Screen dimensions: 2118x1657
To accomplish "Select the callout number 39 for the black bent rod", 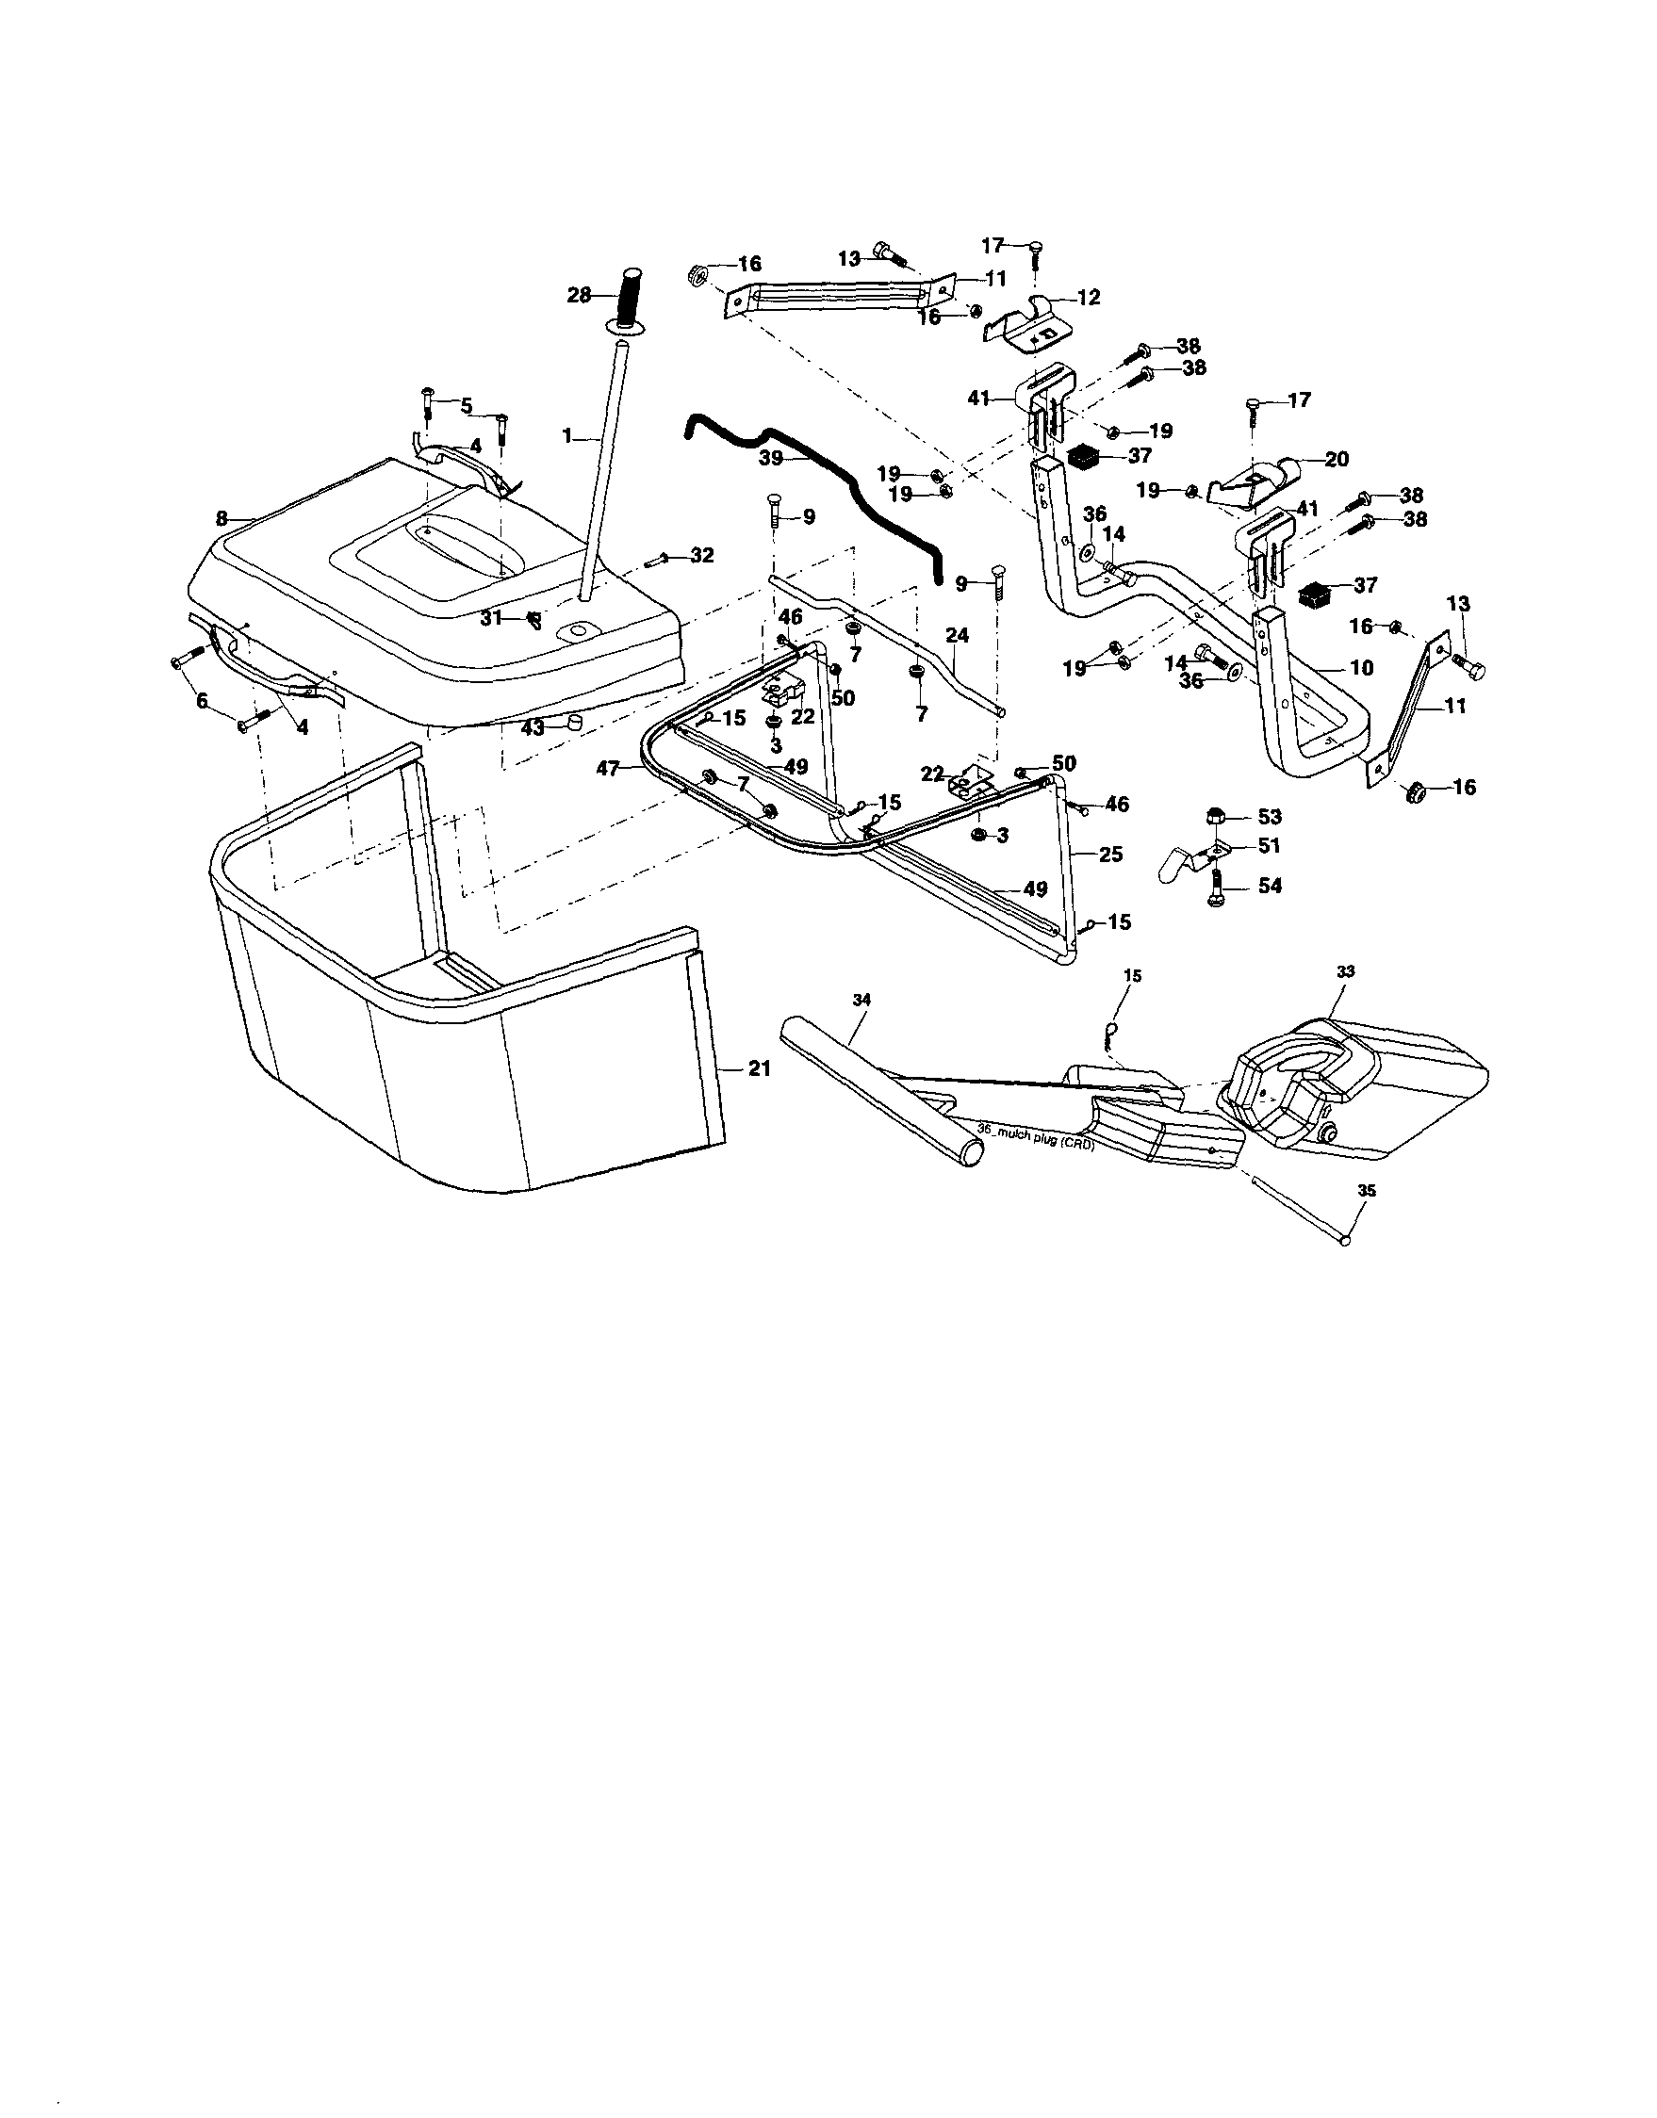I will coord(771,459).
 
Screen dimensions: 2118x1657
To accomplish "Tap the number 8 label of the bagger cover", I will coord(222,519).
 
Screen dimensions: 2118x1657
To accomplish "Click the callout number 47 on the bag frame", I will coord(608,768).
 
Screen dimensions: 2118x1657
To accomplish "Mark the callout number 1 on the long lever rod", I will coord(567,437).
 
